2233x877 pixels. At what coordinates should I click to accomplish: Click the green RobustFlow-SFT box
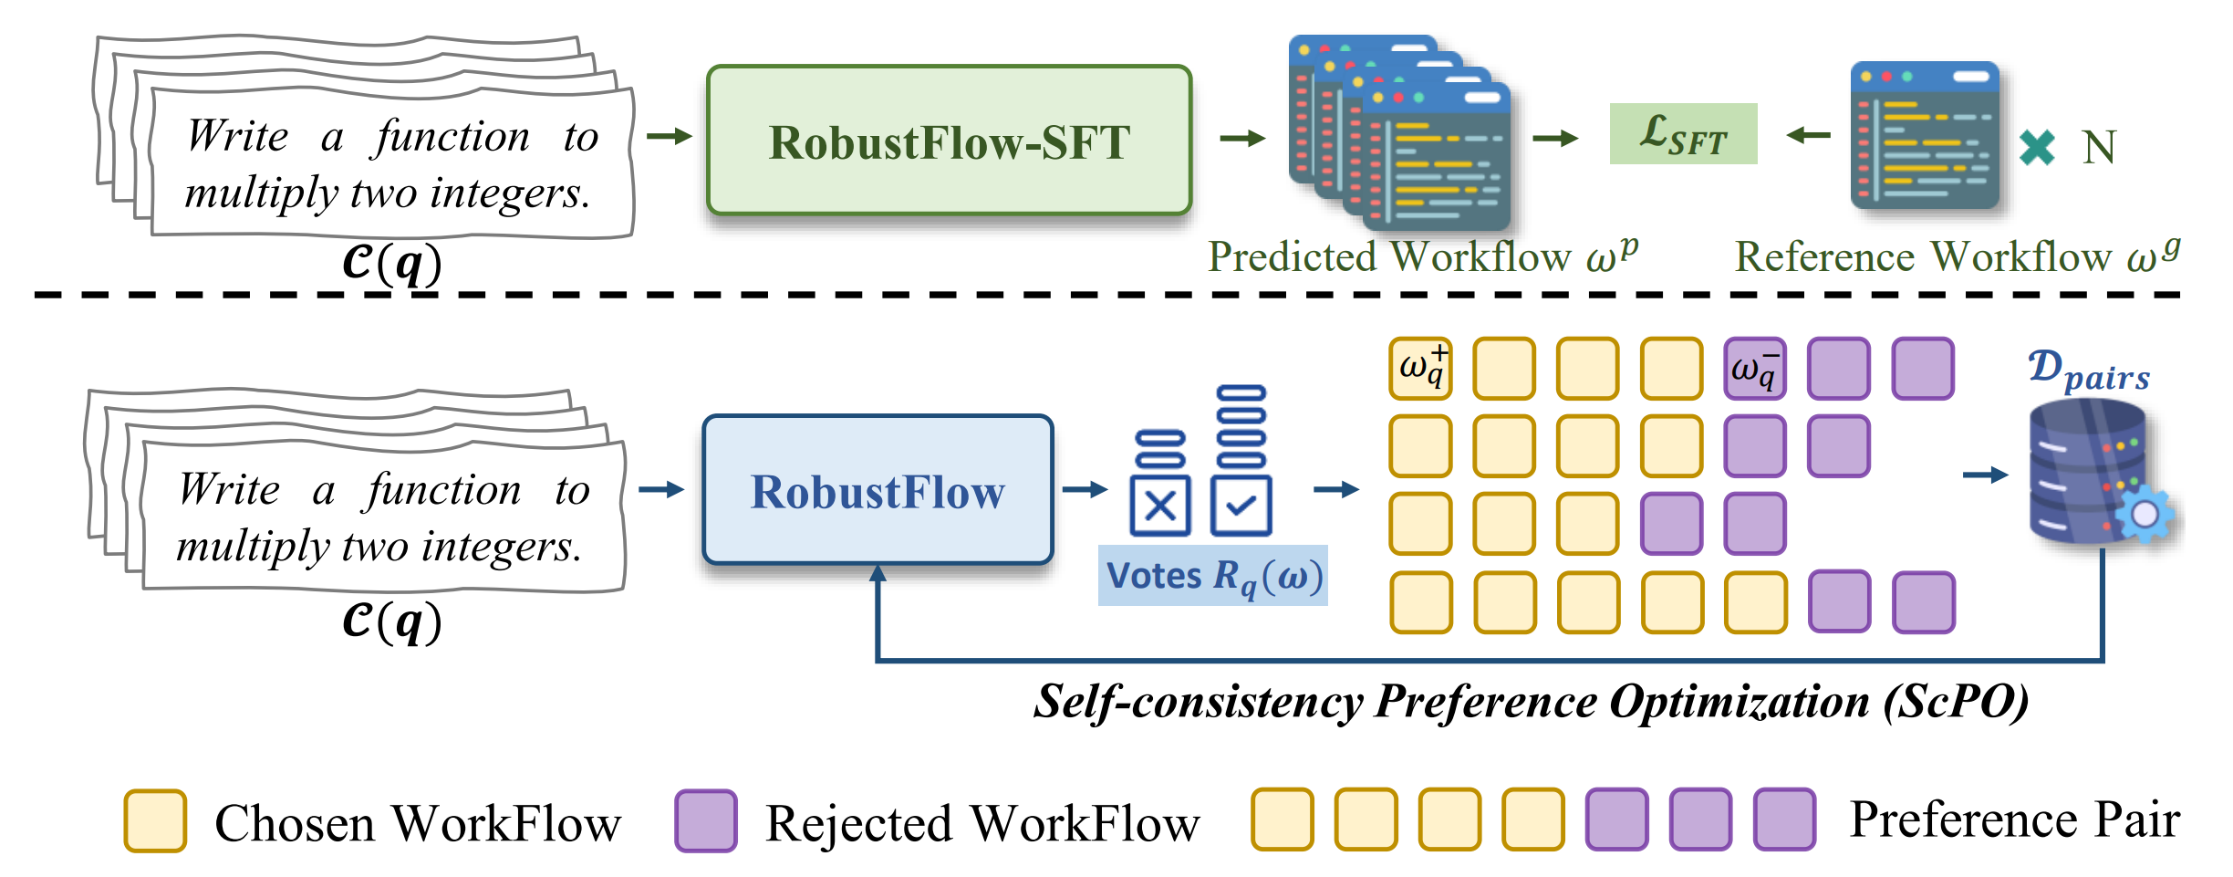949,141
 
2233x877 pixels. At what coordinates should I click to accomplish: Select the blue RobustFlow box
878,490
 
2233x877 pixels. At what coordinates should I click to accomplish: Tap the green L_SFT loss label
1683,134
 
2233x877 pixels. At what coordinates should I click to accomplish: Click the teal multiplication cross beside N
2037,147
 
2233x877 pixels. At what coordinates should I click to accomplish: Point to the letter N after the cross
2099,147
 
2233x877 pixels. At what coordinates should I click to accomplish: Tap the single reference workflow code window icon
1925,135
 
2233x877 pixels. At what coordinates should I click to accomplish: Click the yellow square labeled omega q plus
1420,369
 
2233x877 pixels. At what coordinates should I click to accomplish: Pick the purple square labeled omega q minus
1755,369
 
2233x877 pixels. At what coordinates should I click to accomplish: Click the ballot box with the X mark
1160,505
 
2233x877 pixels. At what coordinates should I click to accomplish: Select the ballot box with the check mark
1241,505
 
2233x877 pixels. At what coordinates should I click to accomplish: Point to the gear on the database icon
2145,515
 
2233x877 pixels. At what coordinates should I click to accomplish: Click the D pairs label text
2089,371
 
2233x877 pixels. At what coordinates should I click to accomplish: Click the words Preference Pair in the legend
2014,820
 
